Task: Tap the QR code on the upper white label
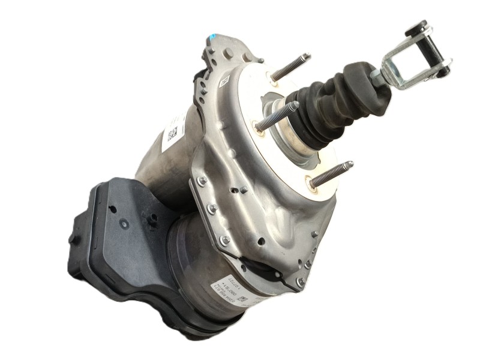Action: point(170,133)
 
